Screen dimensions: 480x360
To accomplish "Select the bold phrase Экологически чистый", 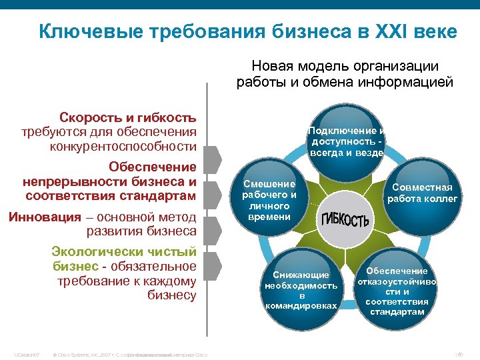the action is pyautogui.click(x=124, y=251).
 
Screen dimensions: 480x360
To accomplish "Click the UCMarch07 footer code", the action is pyautogui.click(x=27, y=354).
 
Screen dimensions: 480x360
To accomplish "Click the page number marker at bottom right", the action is pyautogui.click(x=458, y=354).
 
